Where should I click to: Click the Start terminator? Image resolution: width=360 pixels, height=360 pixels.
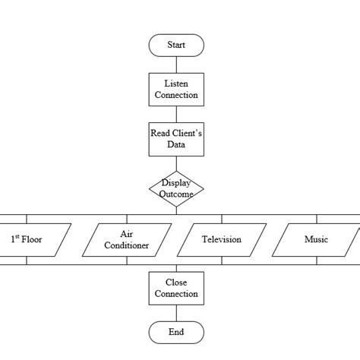pyautogui.click(x=176, y=46)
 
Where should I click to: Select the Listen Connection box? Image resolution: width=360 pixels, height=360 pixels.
pyautogui.click(x=176, y=89)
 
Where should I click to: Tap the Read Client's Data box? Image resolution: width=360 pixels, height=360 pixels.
pyautogui.click(x=176, y=139)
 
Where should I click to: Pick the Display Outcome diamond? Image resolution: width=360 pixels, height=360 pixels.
pyautogui.click(x=176, y=188)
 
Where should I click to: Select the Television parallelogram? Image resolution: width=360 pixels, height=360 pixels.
pyautogui.click(x=221, y=239)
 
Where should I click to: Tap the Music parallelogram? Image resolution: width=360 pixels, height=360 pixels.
pyautogui.click(x=316, y=239)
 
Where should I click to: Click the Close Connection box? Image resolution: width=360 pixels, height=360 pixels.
pyautogui.click(x=176, y=288)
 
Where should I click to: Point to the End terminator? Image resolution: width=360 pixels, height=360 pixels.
pyautogui.click(x=176, y=332)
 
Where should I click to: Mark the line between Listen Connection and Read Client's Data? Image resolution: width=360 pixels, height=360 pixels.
pyautogui.click(x=176, y=113)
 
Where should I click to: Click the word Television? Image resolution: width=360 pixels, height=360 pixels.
pyautogui.click(x=221, y=240)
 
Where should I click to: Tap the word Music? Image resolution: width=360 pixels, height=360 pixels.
pyautogui.click(x=316, y=240)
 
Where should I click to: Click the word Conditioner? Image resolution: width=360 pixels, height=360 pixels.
pyautogui.click(x=126, y=246)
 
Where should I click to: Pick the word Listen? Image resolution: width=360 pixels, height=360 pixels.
pyautogui.click(x=176, y=84)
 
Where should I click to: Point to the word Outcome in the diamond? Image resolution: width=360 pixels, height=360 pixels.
pyautogui.click(x=176, y=194)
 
